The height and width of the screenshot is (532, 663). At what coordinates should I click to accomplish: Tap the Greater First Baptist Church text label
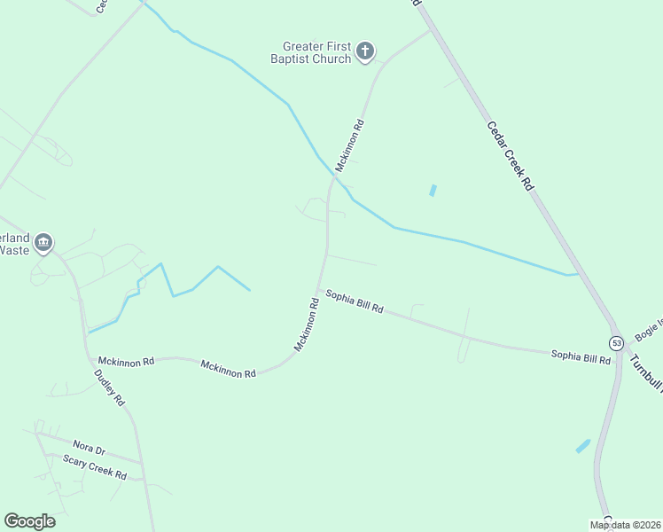tap(316, 52)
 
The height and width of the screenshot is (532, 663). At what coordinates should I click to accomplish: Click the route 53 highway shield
tap(616, 342)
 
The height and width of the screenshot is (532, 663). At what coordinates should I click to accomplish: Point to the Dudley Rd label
tap(111, 387)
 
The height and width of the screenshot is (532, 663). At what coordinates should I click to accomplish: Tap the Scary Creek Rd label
tap(95, 469)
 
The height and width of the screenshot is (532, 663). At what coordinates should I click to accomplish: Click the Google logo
tap(29, 521)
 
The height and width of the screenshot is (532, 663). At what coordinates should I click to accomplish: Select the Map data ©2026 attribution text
tap(625, 525)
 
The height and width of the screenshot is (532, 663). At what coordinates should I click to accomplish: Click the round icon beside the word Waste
tap(43, 243)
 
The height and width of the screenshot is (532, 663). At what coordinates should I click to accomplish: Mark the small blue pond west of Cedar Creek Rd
tap(433, 190)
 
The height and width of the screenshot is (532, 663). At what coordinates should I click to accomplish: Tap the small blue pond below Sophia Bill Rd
tap(582, 446)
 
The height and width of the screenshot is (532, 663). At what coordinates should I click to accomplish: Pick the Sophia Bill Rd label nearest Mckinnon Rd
tap(354, 301)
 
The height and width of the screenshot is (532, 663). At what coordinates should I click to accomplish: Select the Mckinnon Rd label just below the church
tap(349, 145)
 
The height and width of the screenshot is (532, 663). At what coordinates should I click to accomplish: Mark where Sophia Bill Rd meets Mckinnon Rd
tap(319, 289)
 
